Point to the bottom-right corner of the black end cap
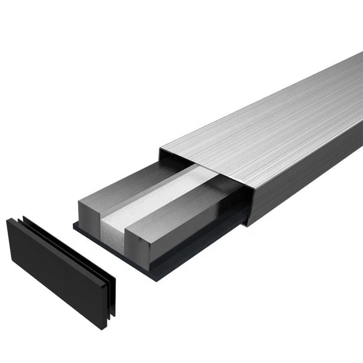(x=105, y=329)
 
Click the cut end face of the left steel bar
(x=89, y=211)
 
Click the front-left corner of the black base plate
(x=74, y=225)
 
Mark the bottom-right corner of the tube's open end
(x=247, y=225)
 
